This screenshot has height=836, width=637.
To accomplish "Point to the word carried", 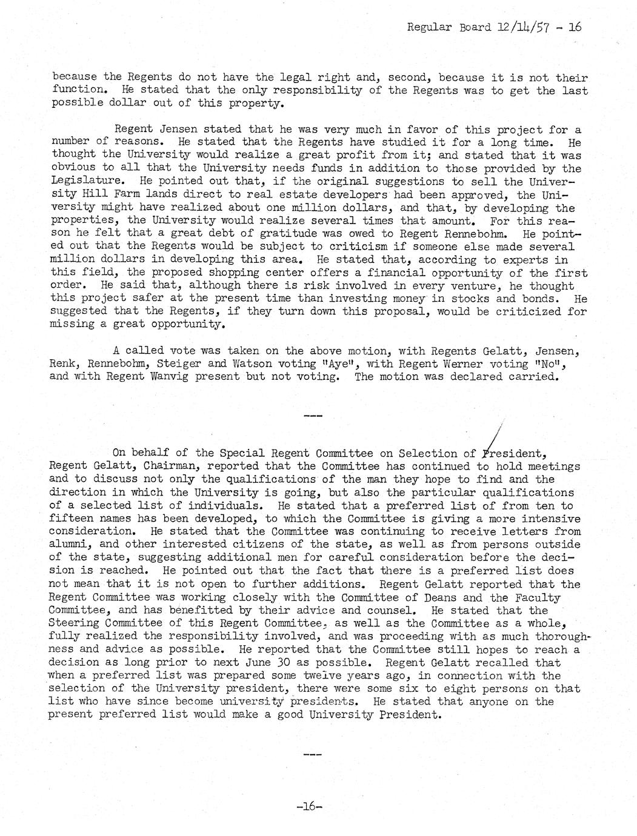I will point(535,377).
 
